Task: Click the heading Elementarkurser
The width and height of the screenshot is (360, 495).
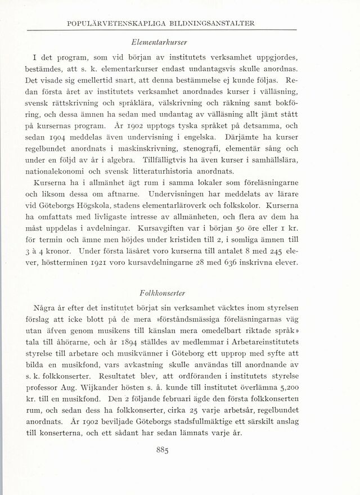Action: (x=181, y=41)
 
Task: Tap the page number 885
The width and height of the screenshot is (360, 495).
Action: (x=180, y=449)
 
